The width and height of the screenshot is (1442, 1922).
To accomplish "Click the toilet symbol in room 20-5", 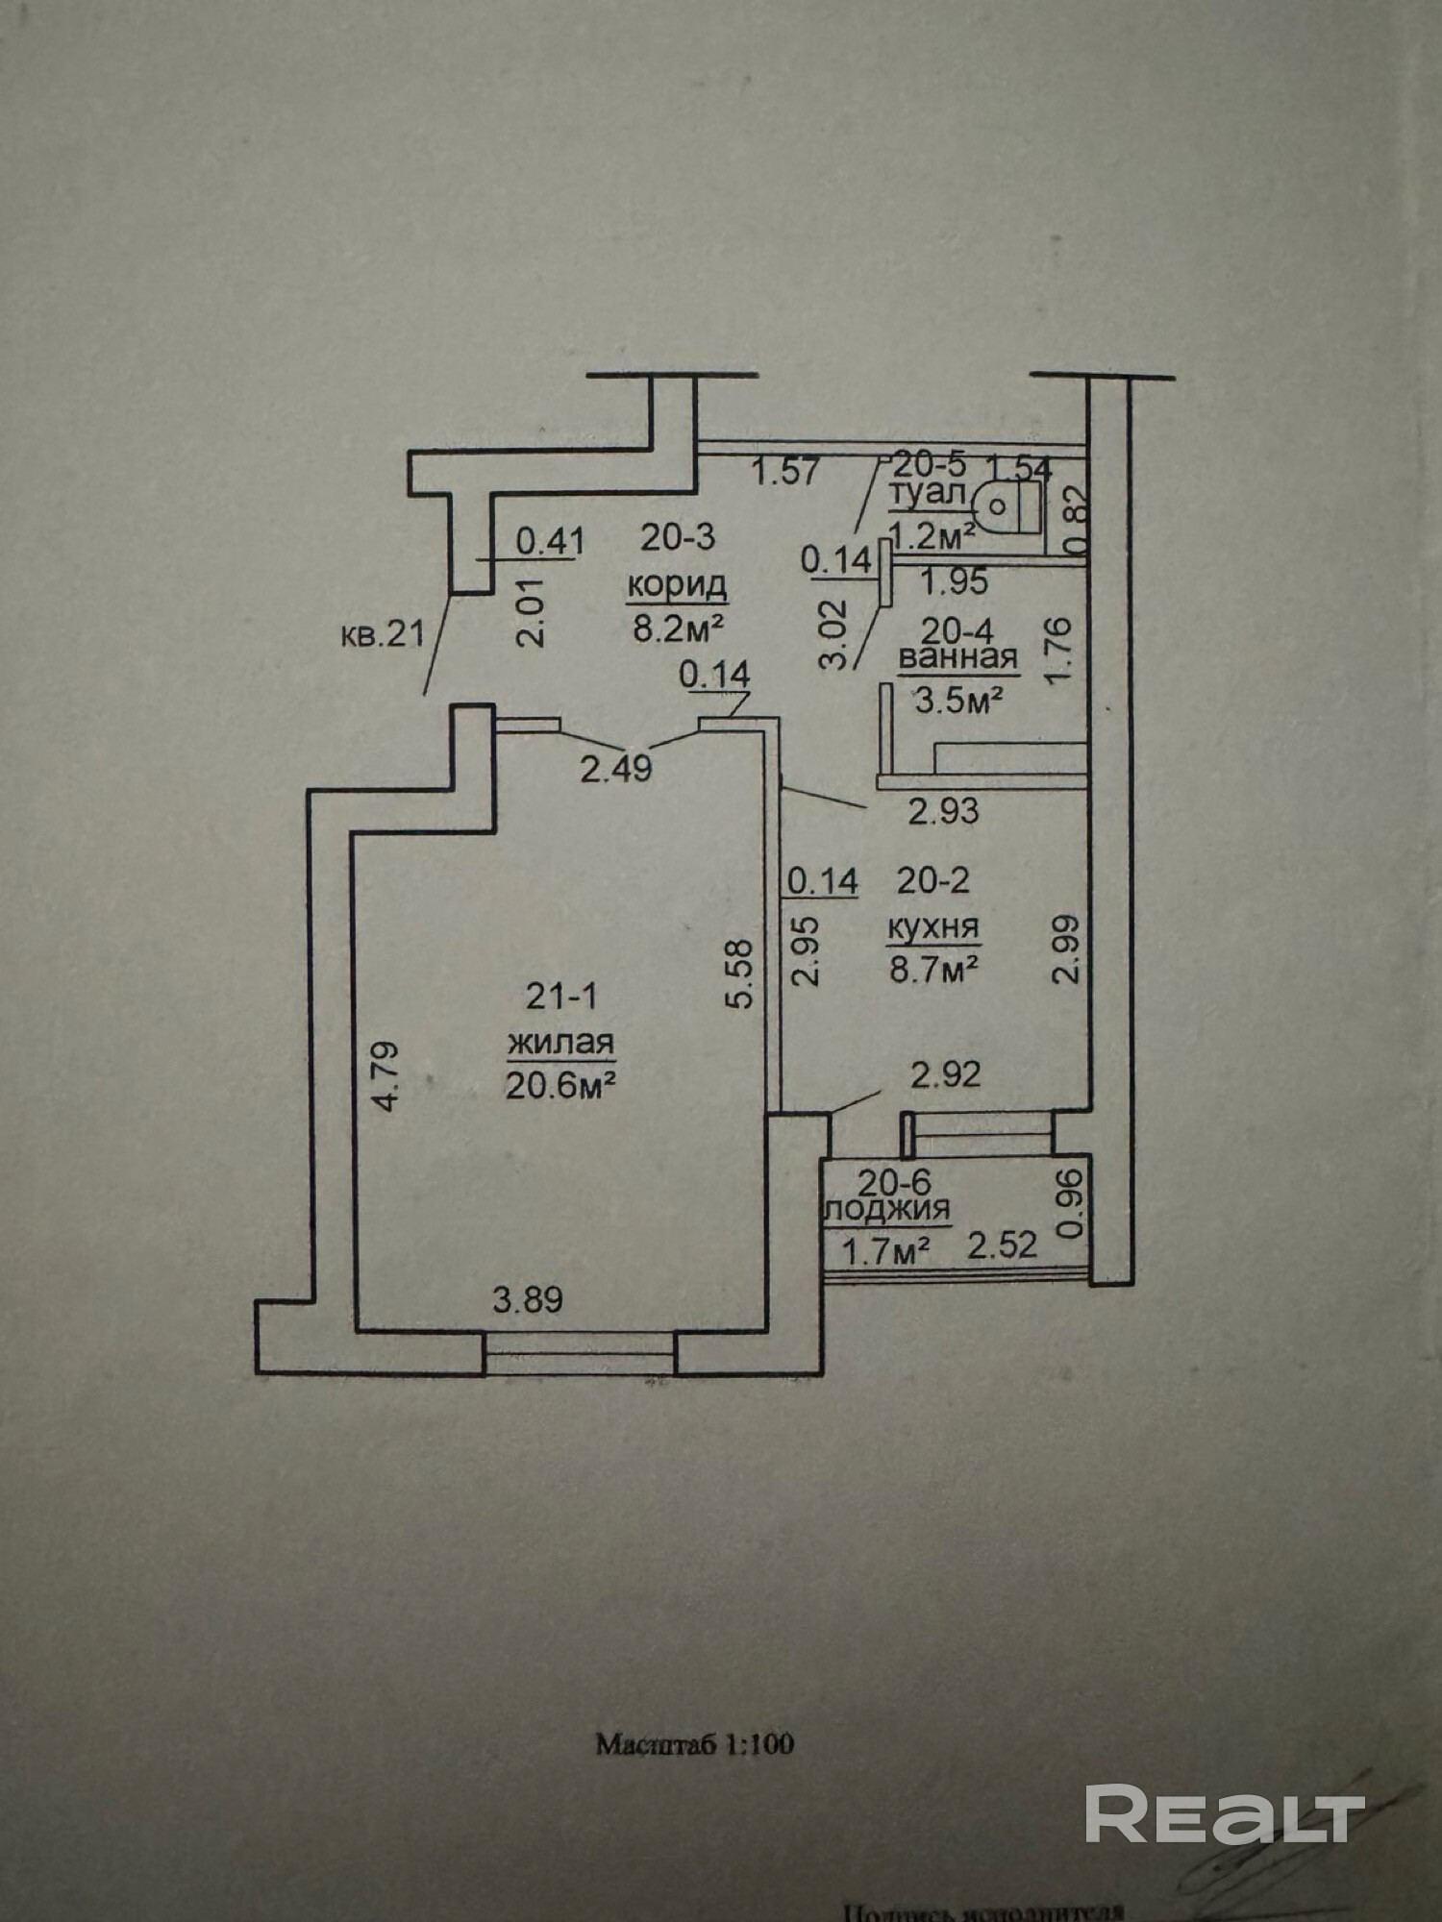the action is coord(1010,506).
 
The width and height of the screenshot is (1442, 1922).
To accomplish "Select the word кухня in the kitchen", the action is coord(932,927).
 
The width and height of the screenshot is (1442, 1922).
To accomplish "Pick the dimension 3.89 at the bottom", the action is coord(528,1300).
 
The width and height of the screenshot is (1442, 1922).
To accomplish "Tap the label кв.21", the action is coord(383,634).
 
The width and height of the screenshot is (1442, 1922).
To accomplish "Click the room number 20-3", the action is coord(678,537).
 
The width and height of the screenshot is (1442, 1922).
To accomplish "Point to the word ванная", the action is coord(957,658).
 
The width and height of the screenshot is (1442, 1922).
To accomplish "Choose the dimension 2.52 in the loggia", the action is coord(1003,1245).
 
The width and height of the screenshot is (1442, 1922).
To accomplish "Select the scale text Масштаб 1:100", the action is coord(695,1744).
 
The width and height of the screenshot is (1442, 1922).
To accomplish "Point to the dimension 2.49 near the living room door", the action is coord(616,769).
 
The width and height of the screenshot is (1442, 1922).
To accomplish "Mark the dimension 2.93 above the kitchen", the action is coord(944,812).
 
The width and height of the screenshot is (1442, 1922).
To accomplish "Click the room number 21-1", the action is coord(561,997).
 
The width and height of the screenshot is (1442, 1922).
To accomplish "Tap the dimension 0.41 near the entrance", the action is coord(550,541).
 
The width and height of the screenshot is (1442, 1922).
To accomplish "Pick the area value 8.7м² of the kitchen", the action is coord(933,969).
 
